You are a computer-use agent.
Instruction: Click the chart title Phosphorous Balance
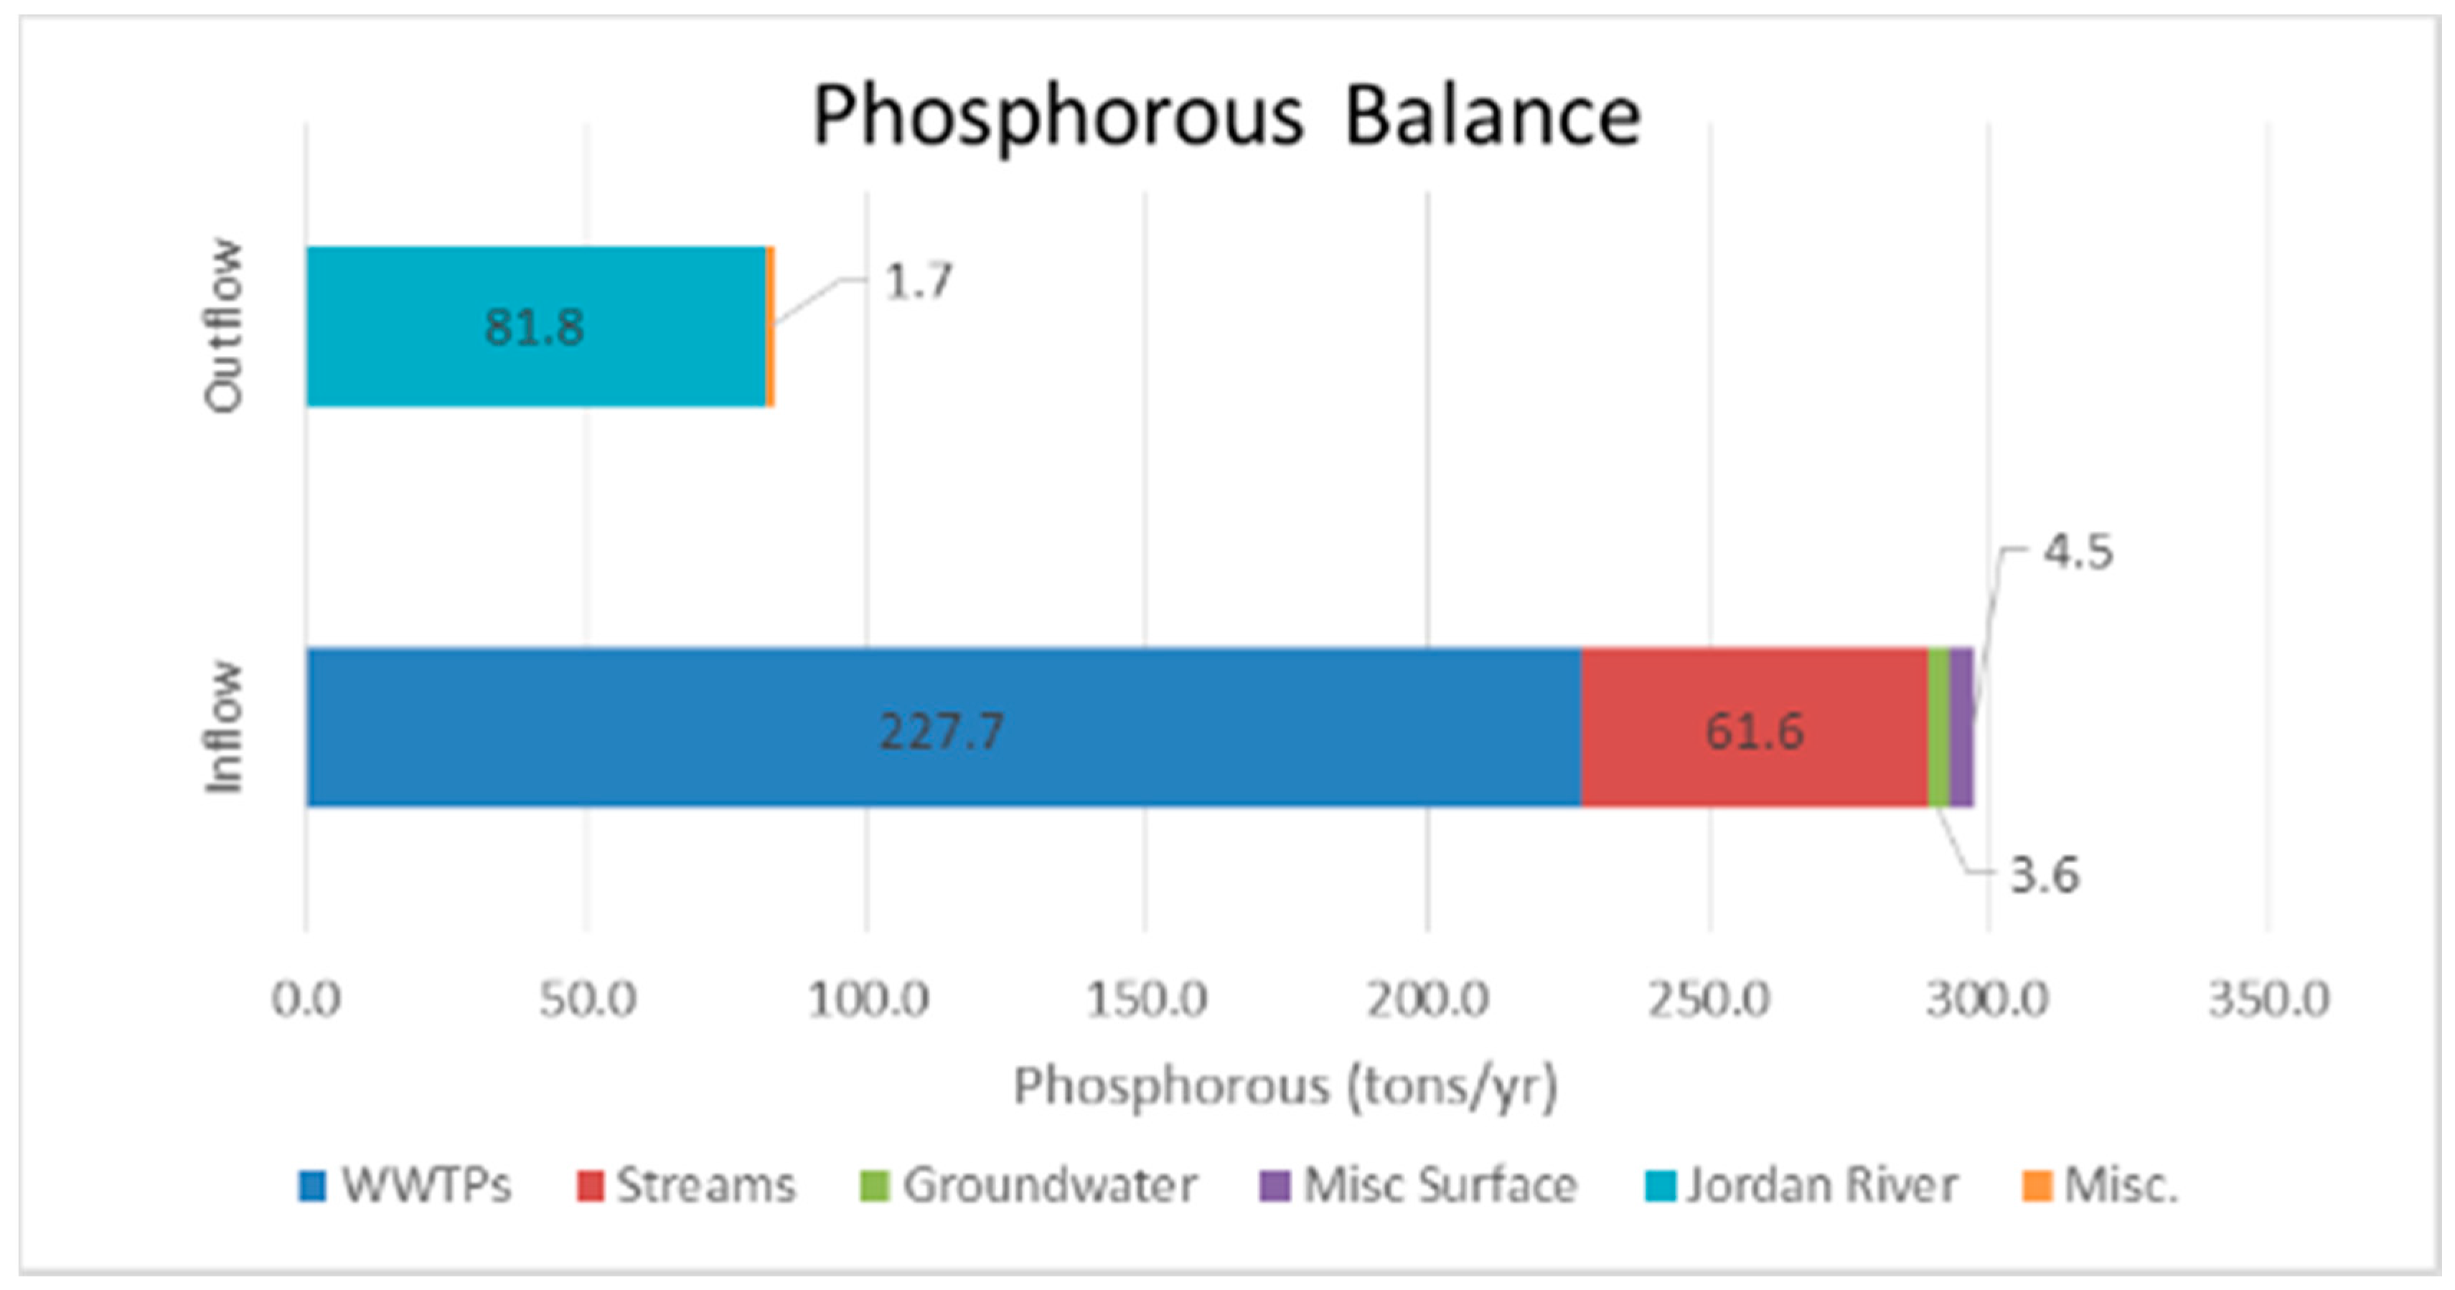[1226, 116]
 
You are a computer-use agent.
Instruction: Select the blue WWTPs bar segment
[667, 728]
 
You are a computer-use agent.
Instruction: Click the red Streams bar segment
[1677, 728]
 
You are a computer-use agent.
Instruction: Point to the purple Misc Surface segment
[1961, 728]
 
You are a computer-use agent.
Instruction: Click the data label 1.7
[918, 281]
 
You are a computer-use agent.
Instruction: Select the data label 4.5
[2078, 552]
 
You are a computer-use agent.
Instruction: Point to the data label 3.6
[2045, 875]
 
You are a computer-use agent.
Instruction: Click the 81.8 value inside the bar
[534, 328]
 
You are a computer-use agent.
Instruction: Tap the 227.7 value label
[941, 732]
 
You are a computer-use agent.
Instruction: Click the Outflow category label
[225, 326]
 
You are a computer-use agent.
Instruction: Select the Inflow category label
[225, 727]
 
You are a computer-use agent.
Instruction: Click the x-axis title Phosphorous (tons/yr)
[1285, 1086]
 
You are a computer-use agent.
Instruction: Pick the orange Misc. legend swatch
[2037, 1186]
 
